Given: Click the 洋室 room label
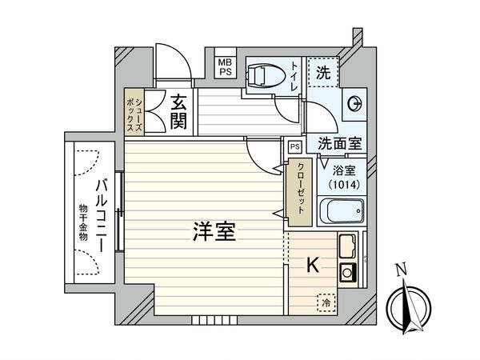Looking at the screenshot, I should coord(213,234).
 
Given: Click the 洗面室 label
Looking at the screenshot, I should coord(339,144).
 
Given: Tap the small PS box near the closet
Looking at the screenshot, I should coord(294,146).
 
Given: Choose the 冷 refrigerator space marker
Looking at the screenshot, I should coord(326,302).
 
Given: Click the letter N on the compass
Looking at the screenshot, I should coord(405,270).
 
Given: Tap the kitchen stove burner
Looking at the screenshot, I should coord(348,270).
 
